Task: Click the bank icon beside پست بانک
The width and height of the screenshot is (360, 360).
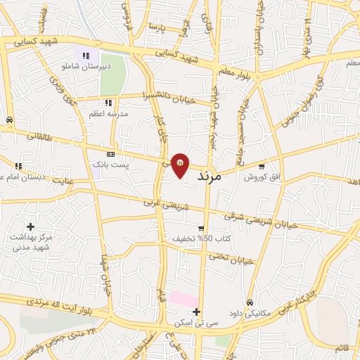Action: (x=111, y=154)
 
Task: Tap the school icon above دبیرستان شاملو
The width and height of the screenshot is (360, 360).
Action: (x=86, y=56)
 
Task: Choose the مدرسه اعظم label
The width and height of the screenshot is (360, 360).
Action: (x=107, y=113)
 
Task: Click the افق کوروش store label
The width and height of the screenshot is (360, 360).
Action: (x=262, y=176)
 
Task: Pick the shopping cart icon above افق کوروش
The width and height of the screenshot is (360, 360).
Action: (x=262, y=167)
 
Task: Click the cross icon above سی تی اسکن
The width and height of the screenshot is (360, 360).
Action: (x=197, y=312)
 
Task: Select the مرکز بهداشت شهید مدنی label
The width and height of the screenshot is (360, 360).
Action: (x=32, y=242)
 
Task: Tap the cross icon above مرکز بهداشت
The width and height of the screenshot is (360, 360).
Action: (x=30, y=226)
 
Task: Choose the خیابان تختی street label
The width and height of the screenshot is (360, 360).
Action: (x=230, y=258)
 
